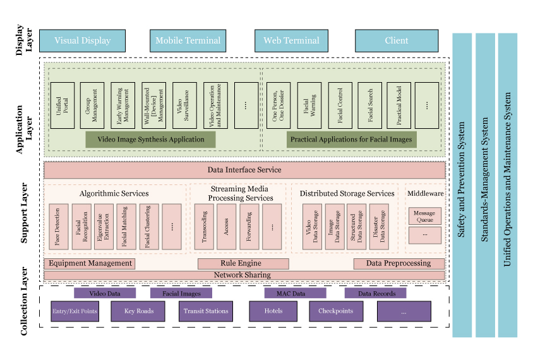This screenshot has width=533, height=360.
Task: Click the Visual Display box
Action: pyautogui.click(x=82, y=40)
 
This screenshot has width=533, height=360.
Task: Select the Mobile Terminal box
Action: pyautogui.click(x=188, y=40)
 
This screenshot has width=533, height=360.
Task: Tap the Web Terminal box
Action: pyautogui.click(x=291, y=40)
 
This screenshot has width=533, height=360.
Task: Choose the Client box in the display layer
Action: pyautogui.click(x=396, y=40)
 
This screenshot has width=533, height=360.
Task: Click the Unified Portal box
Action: pyautogui.click(x=62, y=105)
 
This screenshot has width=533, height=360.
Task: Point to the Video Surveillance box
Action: pyautogui.click(x=184, y=105)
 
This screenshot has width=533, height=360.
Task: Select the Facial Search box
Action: pyautogui.click(x=370, y=105)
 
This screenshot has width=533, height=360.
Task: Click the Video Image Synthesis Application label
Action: pyautogui.click(x=150, y=140)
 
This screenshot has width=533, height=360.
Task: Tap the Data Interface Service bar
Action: pyautogui.click(x=244, y=170)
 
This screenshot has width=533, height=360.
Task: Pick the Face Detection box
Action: pyautogui.click(x=59, y=226)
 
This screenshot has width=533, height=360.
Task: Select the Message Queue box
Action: pyautogui.click(x=424, y=216)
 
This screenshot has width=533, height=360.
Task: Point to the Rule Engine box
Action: pyautogui.click(x=243, y=263)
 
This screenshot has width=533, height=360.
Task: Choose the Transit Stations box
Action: pyautogui.click(x=205, y=311)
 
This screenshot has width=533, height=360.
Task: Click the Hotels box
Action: pyautogui.click(x=273, y=311)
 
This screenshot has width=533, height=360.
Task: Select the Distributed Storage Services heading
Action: pyautogui.click(x=346, y=193)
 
